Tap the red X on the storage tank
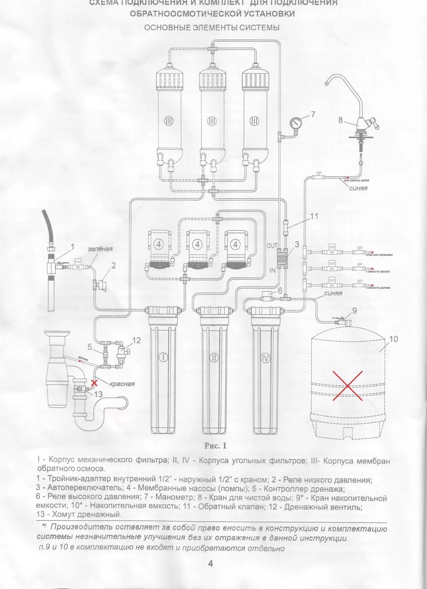coord(347,385)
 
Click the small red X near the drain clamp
coord(94,383)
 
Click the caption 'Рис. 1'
coord(215,446)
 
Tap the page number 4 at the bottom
coord(211,564)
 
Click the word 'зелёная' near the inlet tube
coord(100,249)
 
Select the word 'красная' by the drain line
coord(122,384)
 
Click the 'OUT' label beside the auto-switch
coord(272,245)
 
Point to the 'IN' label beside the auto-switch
coord(273,270)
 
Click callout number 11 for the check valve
coord(314,216)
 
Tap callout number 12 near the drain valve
coord(136,340)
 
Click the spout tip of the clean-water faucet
coord(327,84)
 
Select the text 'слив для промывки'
coord(379,255)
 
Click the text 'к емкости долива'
coord(378,288)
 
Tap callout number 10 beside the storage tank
coord(394,339)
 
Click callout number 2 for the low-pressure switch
coord(113,265)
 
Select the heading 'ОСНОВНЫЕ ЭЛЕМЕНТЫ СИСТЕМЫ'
coord(212,28)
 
